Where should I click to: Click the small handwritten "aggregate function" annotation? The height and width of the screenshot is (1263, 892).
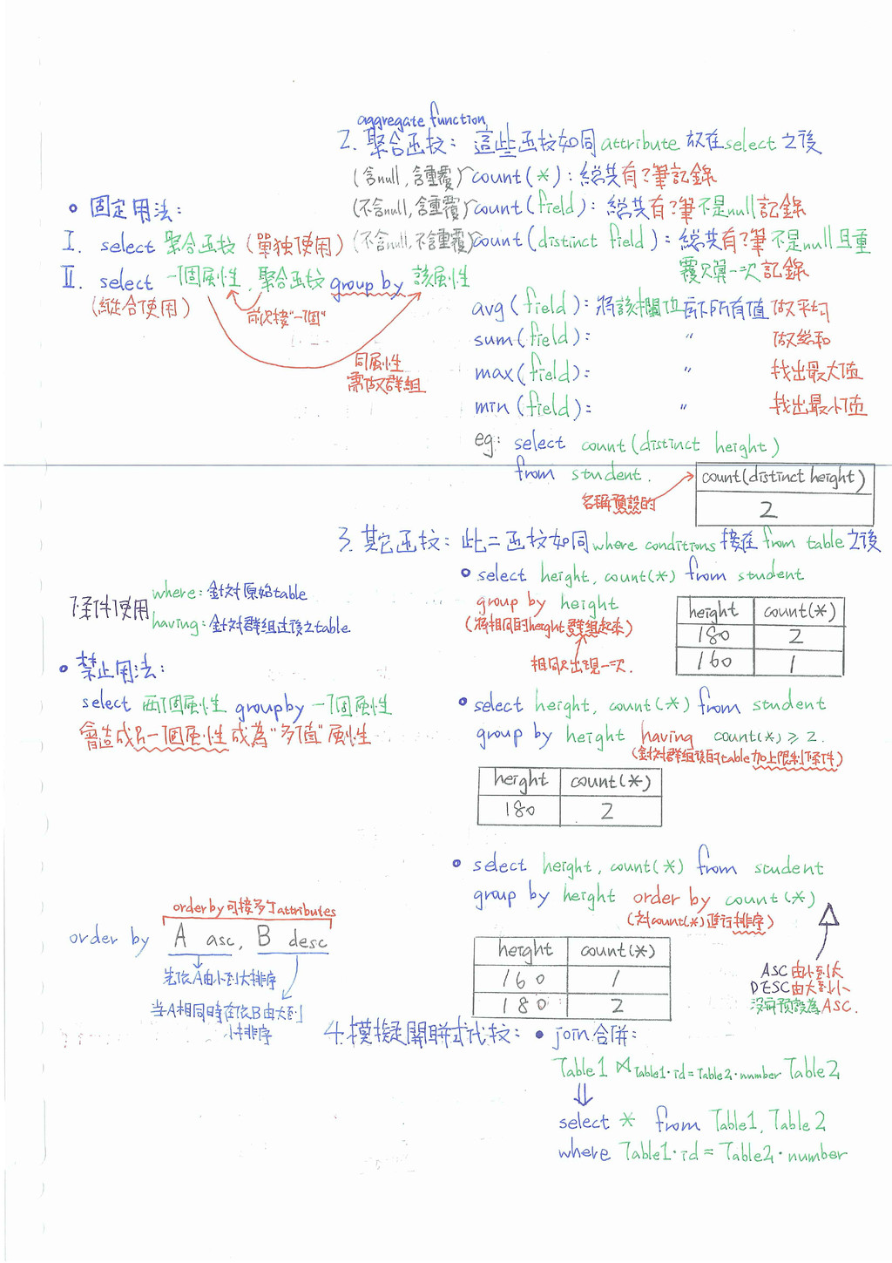pyautogui.click(x=422, y=117)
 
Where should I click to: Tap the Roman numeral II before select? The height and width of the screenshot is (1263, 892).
pyautogui.click(x=72, y=279)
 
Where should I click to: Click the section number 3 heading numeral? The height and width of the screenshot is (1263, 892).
pyautogui.click(x=345, y=540)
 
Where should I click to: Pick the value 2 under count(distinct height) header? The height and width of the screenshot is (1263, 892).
pyautogui.click(x=767, y=510)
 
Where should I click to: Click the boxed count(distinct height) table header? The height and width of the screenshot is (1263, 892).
pyautogui.click(x=783, y=478)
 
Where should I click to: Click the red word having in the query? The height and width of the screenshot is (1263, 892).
pyautogui.click(x=667, y=736)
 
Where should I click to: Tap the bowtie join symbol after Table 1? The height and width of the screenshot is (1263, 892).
pyautogui.click(x=623, y=1066)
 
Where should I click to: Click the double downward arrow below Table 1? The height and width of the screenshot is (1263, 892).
pyautogui.click(x=583, y=1094)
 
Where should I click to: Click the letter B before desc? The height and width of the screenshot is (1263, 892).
pyautogui.click(x=264, y=937)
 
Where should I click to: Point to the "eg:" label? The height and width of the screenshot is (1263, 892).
pyautogui.click(x=486, y=442)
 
